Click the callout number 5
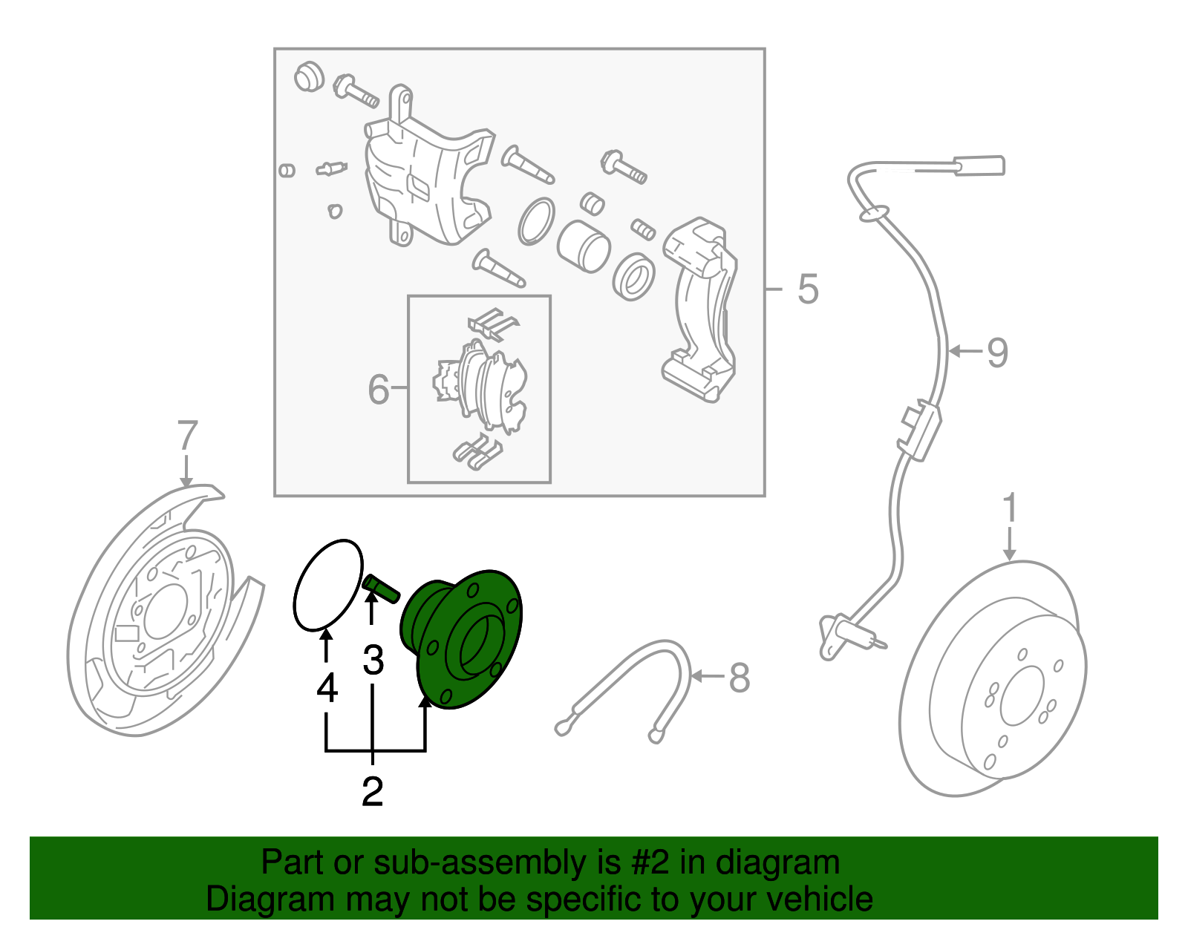(808, 289)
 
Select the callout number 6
(379, 388)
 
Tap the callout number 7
(187, 436)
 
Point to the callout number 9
(997, 352)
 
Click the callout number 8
(739, 677)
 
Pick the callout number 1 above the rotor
(1009, 509)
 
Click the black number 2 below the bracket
(372, 791)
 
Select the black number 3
(373, 660)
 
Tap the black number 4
(327, 688)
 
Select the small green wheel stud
(382, 588)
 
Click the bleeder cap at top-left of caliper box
(308, 77)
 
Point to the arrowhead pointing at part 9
(954, 351)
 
